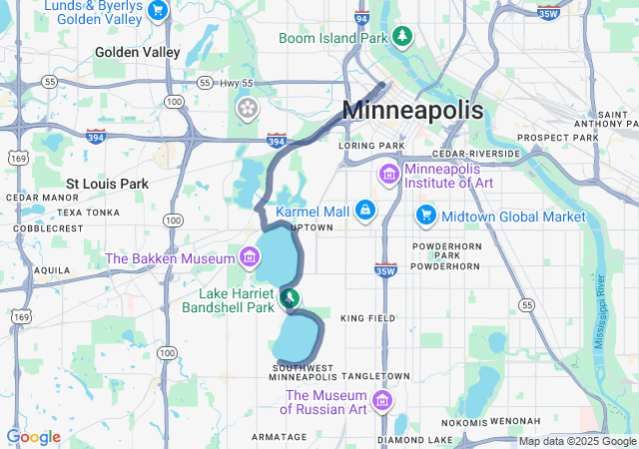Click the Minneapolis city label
[x=413, y=111]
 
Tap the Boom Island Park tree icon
[x=401, y=37]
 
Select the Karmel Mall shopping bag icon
[x=366, y=211]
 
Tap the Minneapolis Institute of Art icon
[x=388, y=175]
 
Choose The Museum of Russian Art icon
[x=380, y=401]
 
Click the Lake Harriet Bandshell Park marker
[x=290, y=297]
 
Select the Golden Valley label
[x=138, y=52]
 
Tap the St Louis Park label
[x=107, y=184]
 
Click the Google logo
[x=33, y=437]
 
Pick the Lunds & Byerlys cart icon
[x=157, y=10]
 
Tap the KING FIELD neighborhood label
[x=367, y=318]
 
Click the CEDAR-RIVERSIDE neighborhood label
[x=476, y=154]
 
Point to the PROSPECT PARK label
[x=556, y=137]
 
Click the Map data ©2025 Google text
[x=577, y=441]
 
